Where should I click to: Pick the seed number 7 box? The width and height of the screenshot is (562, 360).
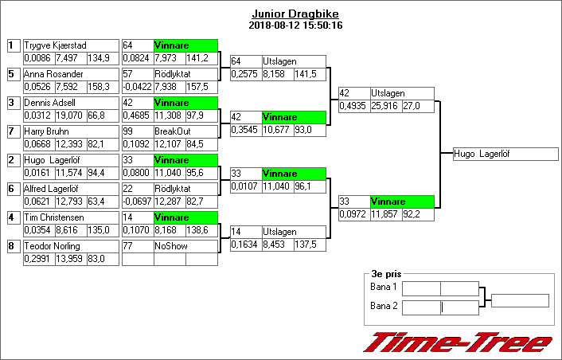pos(12,131)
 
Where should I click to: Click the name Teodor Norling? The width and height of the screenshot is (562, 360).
pos(53,246)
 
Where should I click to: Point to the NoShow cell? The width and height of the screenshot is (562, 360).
pos(185,246)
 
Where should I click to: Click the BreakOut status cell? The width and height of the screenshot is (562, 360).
pos(185,131)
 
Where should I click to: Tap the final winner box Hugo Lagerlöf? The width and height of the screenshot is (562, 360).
pos(505,154)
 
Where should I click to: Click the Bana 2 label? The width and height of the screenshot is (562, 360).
pos(384,306)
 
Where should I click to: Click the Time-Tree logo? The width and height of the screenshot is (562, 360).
pos(458,343)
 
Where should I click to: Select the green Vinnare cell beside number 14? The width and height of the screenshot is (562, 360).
pos(185,217)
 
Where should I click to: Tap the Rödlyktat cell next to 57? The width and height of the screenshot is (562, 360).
pos(185,74)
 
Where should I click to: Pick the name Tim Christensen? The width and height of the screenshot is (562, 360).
pos(54,217)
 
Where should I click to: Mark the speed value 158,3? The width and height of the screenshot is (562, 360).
pos(99,87)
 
